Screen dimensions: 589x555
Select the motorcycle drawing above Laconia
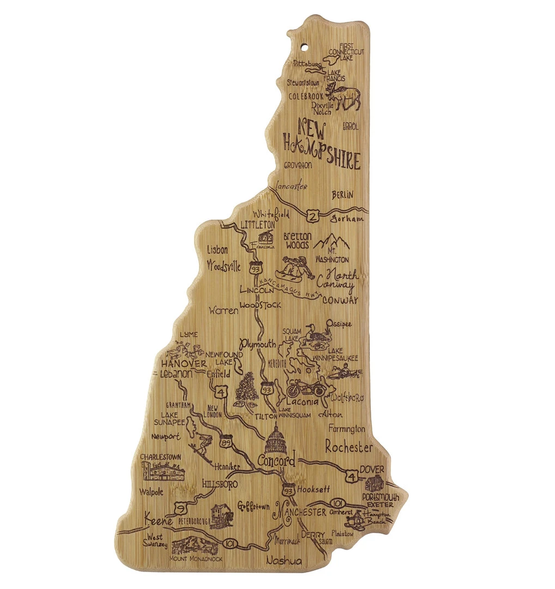(x=306, y=388)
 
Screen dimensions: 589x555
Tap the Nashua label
(x=283, y=560)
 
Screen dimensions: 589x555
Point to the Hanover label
(x=183, y=363)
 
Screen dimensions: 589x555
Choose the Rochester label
(x=349, y=447)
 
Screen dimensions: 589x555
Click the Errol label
(x=351, y=127)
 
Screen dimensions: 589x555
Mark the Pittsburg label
(x=308, y=63)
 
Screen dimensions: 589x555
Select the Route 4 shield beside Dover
(x=353, y=477)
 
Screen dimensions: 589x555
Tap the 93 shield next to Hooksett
(x=288, y=489)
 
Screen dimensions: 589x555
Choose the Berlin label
(x=342, y=194)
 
